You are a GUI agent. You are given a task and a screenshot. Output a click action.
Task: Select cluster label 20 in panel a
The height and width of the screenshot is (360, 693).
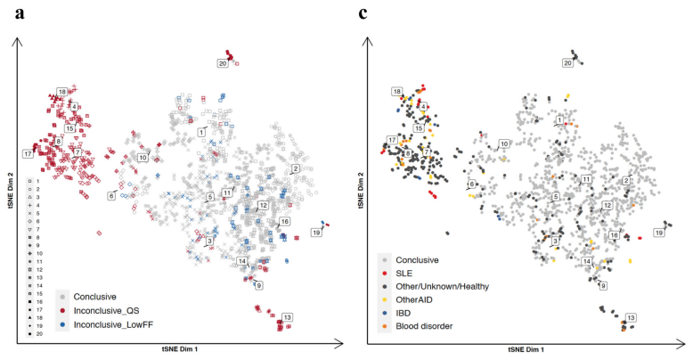click(x=223, y=62)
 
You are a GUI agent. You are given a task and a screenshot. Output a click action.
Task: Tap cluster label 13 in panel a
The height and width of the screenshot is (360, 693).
click(x=287, y=316)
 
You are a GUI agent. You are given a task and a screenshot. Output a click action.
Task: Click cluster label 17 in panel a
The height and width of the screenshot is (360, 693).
click(x=28, y=154)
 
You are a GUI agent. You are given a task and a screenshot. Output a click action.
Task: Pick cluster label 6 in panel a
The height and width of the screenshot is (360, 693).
click(x=112, y=195)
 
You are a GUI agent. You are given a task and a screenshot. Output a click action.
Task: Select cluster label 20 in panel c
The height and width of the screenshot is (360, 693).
click(x=567, y=62)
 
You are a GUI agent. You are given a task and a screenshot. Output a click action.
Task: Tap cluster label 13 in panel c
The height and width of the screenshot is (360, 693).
click(x=631, y=317)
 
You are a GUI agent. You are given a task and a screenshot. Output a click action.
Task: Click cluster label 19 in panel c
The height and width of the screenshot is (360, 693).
click(x=659, y=233)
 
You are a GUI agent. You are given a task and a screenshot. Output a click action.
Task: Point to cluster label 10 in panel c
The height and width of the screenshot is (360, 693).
click(x=504, y=143)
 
